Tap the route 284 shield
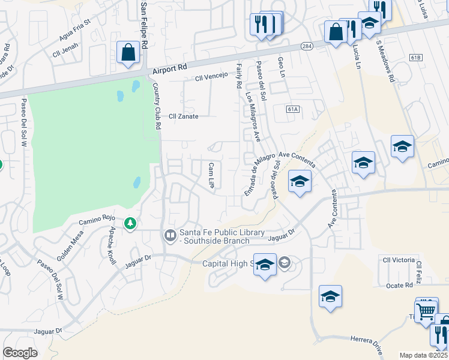click(x=307, y=46)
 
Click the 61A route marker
click(x=293, y=109)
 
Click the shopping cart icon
click(x=426, y=311)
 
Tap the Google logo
click(x=20, y=352)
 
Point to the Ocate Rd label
click(x=399, y=286)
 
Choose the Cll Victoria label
click(x=399, y=260)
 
